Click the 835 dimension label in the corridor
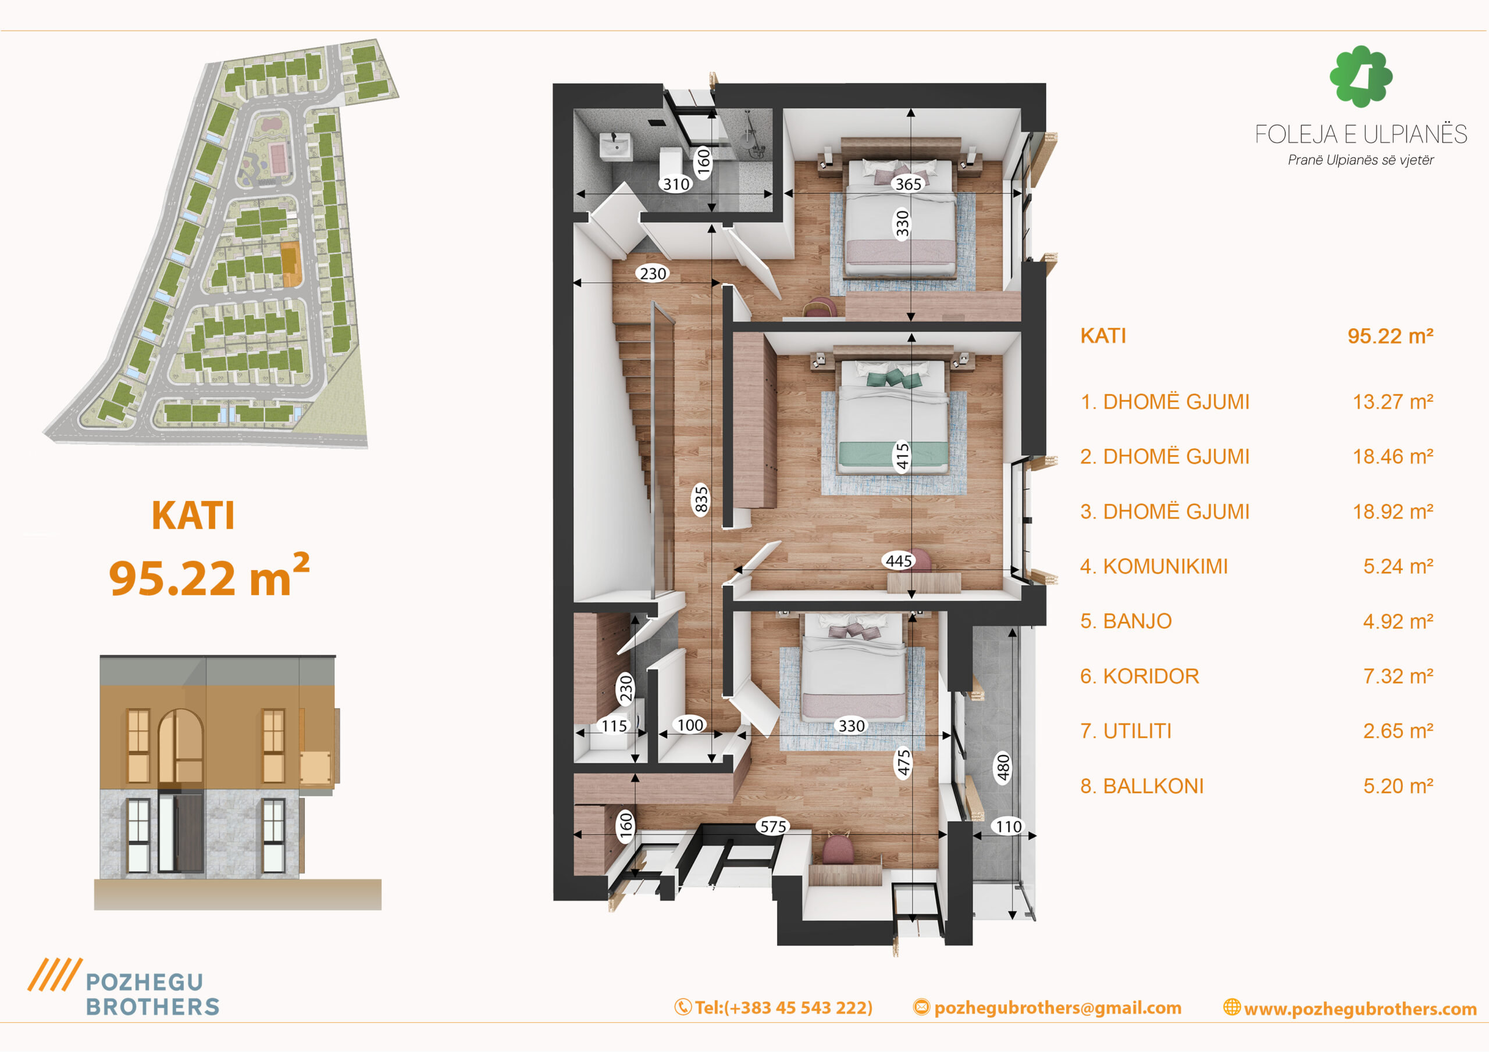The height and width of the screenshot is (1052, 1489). [x=701, y=500]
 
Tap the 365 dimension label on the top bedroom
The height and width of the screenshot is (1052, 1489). [x=908, y=184]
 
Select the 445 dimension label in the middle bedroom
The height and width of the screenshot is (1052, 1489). [x=899, y=561]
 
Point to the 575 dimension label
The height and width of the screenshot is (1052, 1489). [x=773, y=826]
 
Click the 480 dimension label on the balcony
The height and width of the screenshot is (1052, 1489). [x=1003, y=768]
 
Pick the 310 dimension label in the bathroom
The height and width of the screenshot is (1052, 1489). [x=676, y=184]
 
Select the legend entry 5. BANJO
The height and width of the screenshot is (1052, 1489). [x=1126, y=621]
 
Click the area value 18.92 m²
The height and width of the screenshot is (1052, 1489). [x=1392, y=511]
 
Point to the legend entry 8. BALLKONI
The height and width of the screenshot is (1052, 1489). [x=1141, y=786]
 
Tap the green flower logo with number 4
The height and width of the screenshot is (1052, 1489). [x=1360, y=77]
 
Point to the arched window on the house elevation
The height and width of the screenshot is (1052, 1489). [x=180, y=746]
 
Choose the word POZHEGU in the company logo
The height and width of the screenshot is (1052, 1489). [x=145, y=982]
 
